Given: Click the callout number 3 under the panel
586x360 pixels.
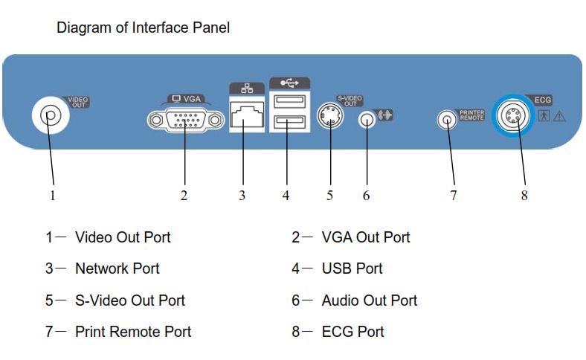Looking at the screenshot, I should click(242, 196).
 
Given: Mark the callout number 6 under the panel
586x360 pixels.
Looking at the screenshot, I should click(366, 196).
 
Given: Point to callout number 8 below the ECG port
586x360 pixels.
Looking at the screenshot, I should click(524, 196).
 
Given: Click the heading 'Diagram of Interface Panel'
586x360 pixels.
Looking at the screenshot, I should click(143, 28).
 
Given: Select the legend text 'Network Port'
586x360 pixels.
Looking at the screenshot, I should click(117, 269).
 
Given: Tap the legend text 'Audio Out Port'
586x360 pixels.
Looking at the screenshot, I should click(369, 300).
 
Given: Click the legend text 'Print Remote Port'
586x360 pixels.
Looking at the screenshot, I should click(133, 332).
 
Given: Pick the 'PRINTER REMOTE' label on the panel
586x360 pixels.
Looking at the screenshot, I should click(471, 115).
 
